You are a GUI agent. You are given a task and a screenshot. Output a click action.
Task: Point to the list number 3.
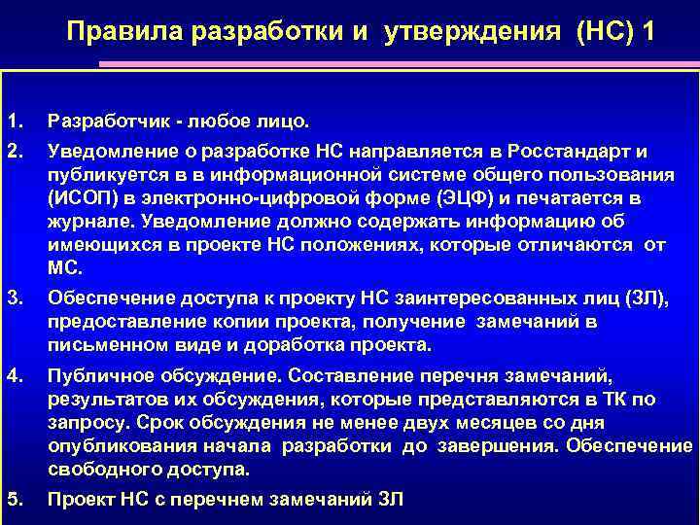14,298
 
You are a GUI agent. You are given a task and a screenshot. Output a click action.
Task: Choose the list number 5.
14,500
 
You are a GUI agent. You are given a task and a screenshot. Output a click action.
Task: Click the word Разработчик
105,122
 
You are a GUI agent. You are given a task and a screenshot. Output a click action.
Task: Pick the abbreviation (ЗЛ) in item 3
646,298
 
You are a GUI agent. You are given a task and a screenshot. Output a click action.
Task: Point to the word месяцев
472,422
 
